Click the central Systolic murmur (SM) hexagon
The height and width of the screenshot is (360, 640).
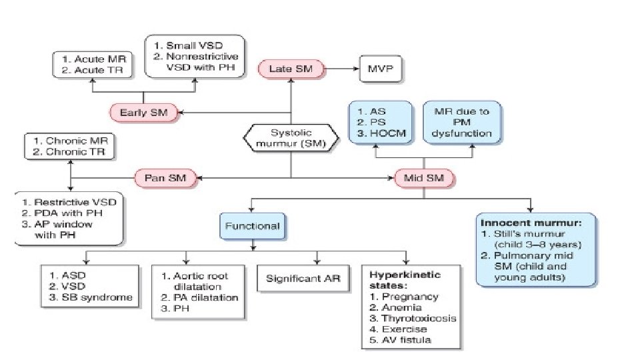[x=291, y=139]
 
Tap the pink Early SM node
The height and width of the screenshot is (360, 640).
[x=144, y=113]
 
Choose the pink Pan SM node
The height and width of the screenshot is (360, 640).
[x=167, y=178]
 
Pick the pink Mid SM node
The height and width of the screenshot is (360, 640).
[x=424, y=178]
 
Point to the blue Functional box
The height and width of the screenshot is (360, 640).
[x=252, y=227]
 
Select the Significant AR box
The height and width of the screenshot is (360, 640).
[x=304, y=278]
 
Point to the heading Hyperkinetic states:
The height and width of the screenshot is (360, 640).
[x=405, y=279]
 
